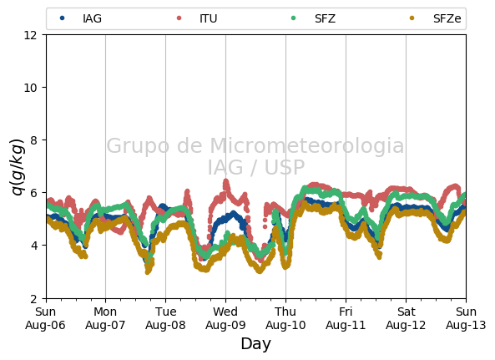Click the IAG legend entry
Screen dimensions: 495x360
click(x=81, y=18)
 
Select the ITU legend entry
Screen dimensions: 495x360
click(x=197, y=18)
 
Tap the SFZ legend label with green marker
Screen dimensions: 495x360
click(x=313, y=18)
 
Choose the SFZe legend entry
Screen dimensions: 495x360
click(x=435, y=18)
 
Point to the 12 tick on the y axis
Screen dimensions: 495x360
click(x=30, y=35)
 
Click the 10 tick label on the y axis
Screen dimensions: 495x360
click(x=30, y=88)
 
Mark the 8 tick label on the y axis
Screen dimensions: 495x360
click(x=33, y=139)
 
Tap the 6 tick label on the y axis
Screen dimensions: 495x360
click(x=33, y=193)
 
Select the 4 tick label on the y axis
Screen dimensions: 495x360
click(x=33, y=246)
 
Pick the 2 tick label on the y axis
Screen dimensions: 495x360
click(x=33, y=298)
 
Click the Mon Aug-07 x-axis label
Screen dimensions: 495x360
click(x=105, y=318)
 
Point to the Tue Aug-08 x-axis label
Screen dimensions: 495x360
click(x=165, y=318)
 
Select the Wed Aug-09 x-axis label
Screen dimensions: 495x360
click(x=225, y=318)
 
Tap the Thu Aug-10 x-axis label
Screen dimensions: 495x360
click(x=285, y=318)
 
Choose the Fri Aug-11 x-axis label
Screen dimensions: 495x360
click(x=346, y=318)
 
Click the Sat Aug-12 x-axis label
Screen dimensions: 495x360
click(x=406, y=318)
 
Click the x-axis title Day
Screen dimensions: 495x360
click(x=255, y=344)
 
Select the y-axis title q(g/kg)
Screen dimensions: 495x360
click(x=18, y=167)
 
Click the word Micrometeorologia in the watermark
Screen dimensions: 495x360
click(x=307, y=145)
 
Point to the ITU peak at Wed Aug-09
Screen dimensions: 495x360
click(x=225, y=182)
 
